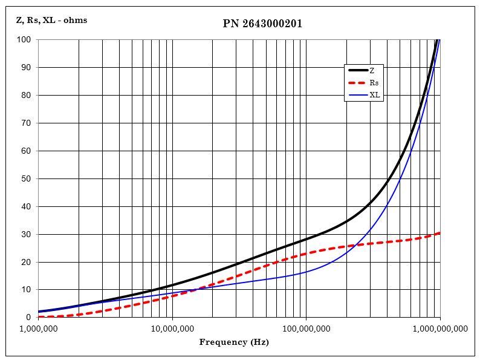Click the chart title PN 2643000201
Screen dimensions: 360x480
262,24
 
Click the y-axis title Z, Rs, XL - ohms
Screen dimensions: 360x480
51,20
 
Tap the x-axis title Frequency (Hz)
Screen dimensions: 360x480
234,342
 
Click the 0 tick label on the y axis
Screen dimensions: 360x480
28,318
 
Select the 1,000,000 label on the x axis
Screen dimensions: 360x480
38,329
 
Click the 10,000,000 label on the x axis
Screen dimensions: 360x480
172,329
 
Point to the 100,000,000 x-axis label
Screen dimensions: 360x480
306,329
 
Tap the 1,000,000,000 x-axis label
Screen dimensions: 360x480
439,329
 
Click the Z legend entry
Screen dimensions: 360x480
372,71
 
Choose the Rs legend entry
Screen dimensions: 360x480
374,83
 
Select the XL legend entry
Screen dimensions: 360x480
375,95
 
